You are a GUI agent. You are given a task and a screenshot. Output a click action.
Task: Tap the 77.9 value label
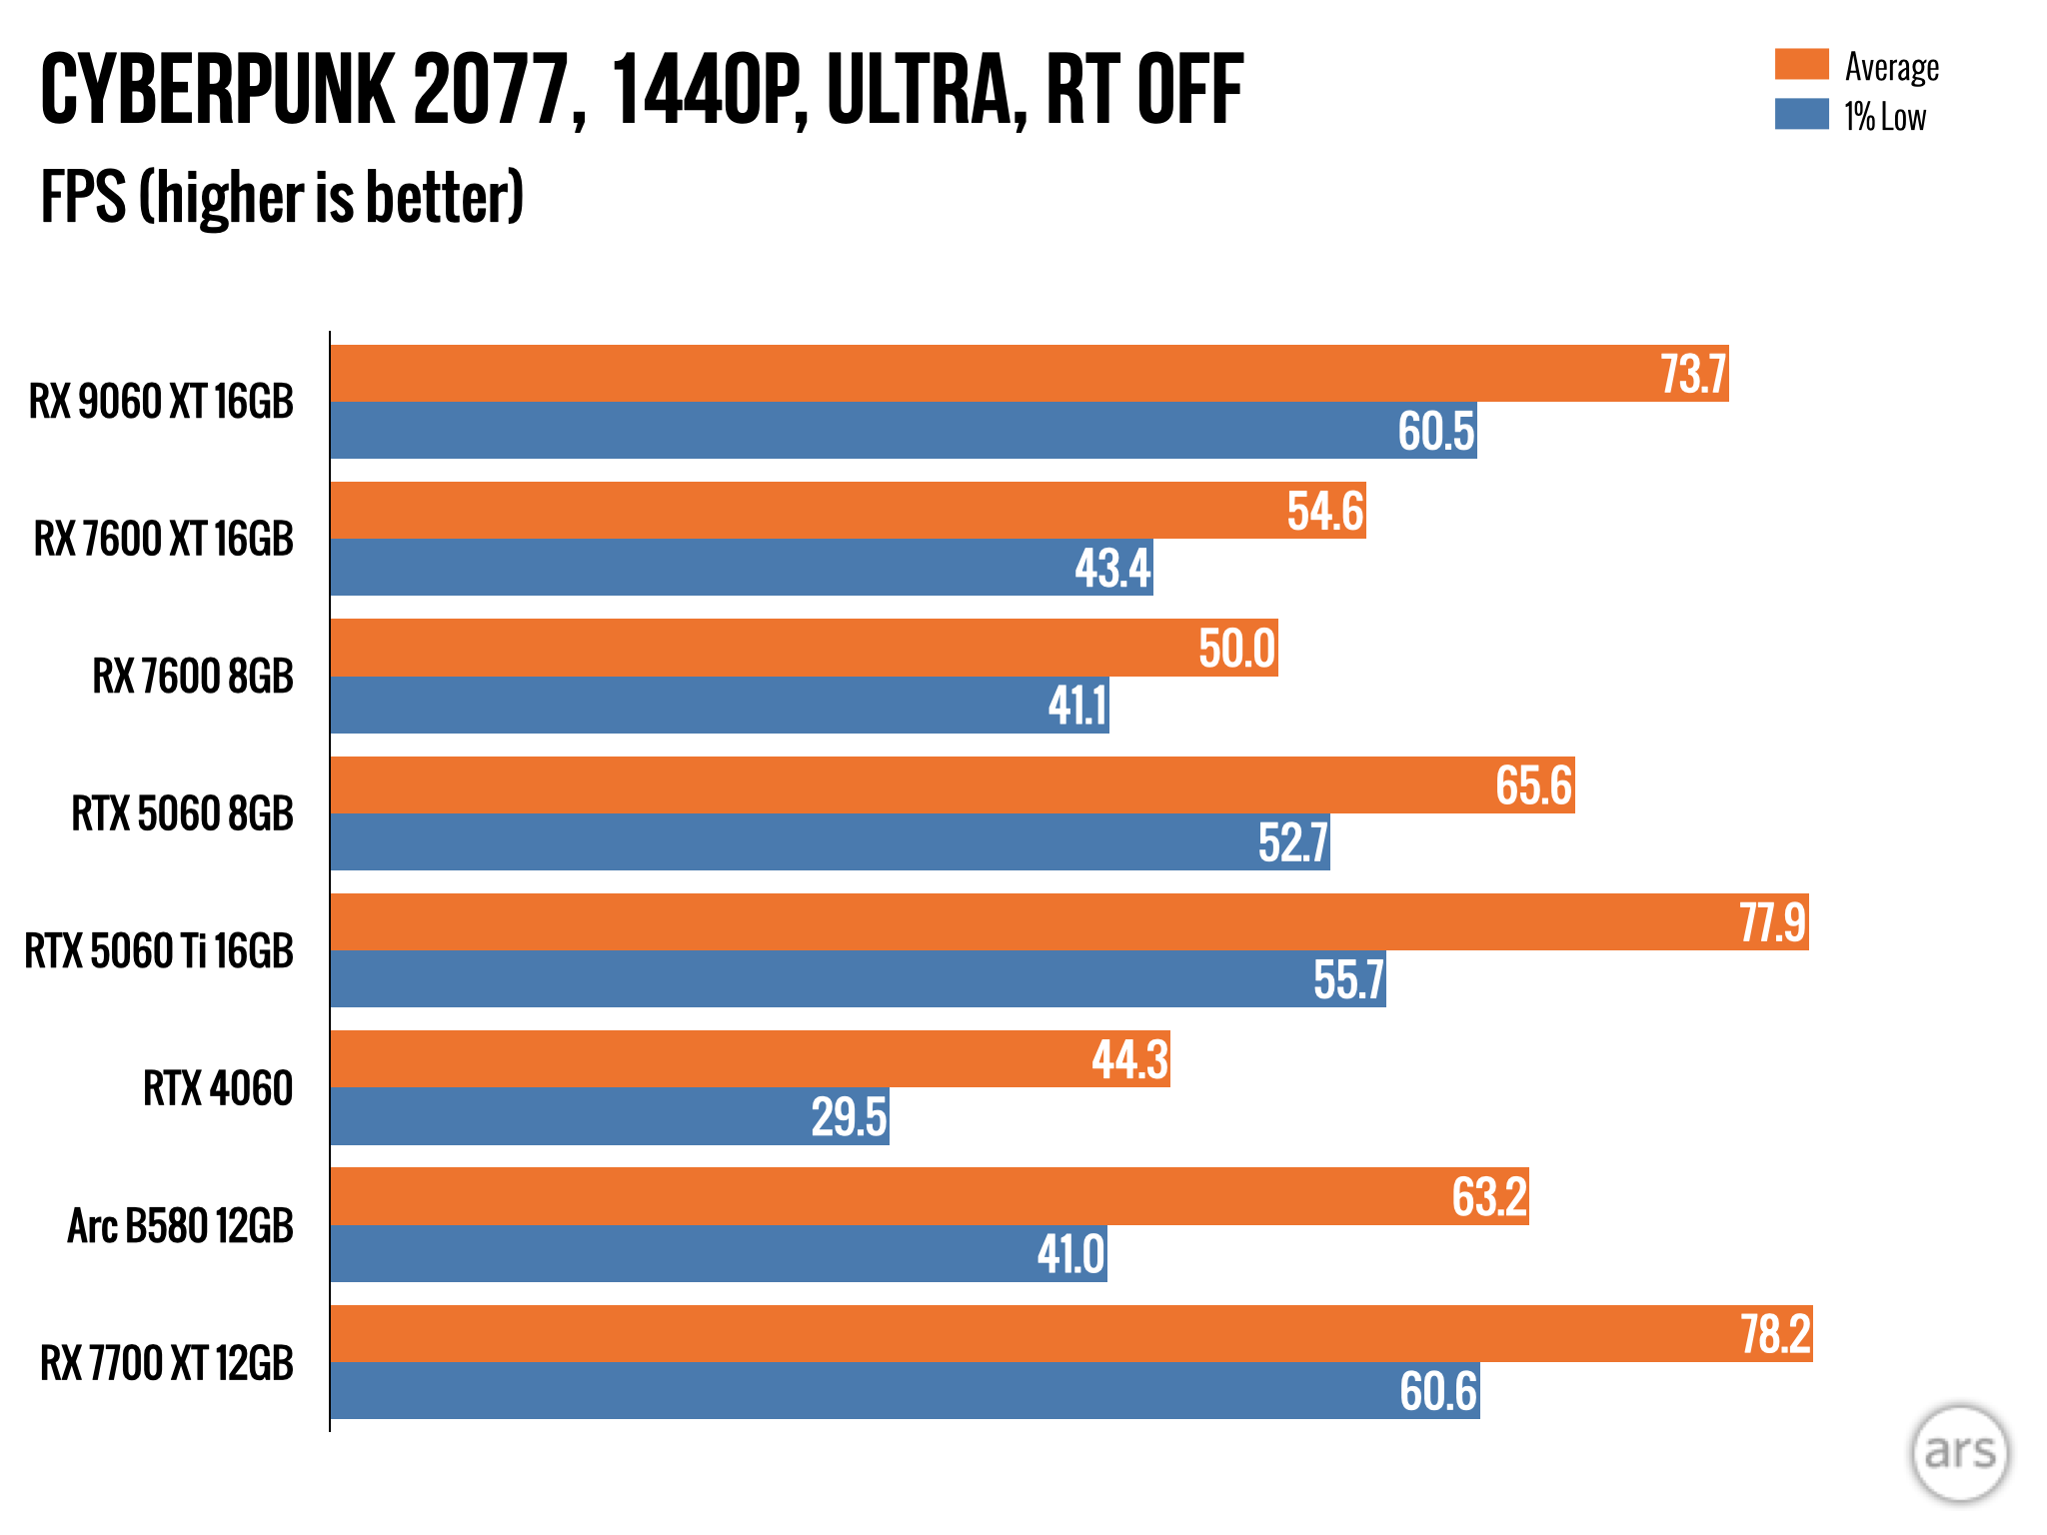pyautogui.click(x=1772, y=922)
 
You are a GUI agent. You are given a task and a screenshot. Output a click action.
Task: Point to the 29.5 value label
pyautogui.click(x=849, y=1117)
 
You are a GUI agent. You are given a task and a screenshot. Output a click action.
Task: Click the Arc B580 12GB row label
pyautogui.click(x=180, y=1226)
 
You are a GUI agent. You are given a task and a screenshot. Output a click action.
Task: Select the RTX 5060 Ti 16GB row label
pyautogui.click(x=159, y=950)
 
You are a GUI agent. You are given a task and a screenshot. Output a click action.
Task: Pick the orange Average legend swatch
pyautogui.click(x=1801, y=65)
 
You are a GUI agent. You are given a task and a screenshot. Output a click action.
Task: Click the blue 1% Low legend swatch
pyautogui.click(x=1801, y=114)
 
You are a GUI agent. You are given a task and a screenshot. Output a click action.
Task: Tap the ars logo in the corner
pyautogui.click(x=1959, y=1453)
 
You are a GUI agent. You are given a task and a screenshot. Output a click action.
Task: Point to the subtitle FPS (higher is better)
pyautogui.click(x=282, y=197)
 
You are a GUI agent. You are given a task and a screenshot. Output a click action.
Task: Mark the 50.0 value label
pyautogui.click(x=1236, y=649)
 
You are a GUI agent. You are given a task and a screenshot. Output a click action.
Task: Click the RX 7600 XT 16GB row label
pyautogui.click(x=164, y=540)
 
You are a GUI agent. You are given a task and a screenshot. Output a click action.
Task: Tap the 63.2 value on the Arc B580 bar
pyautogui.click(x=1489, y=1197)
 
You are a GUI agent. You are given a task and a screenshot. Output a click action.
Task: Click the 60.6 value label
pyautogui.click(x=1437, y=1391)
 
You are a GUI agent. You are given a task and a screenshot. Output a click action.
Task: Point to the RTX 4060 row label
pyautogui.click(x=218, y=1088)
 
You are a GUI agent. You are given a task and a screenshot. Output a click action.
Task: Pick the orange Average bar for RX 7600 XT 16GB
pyautogui.click(x=800, y=511)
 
